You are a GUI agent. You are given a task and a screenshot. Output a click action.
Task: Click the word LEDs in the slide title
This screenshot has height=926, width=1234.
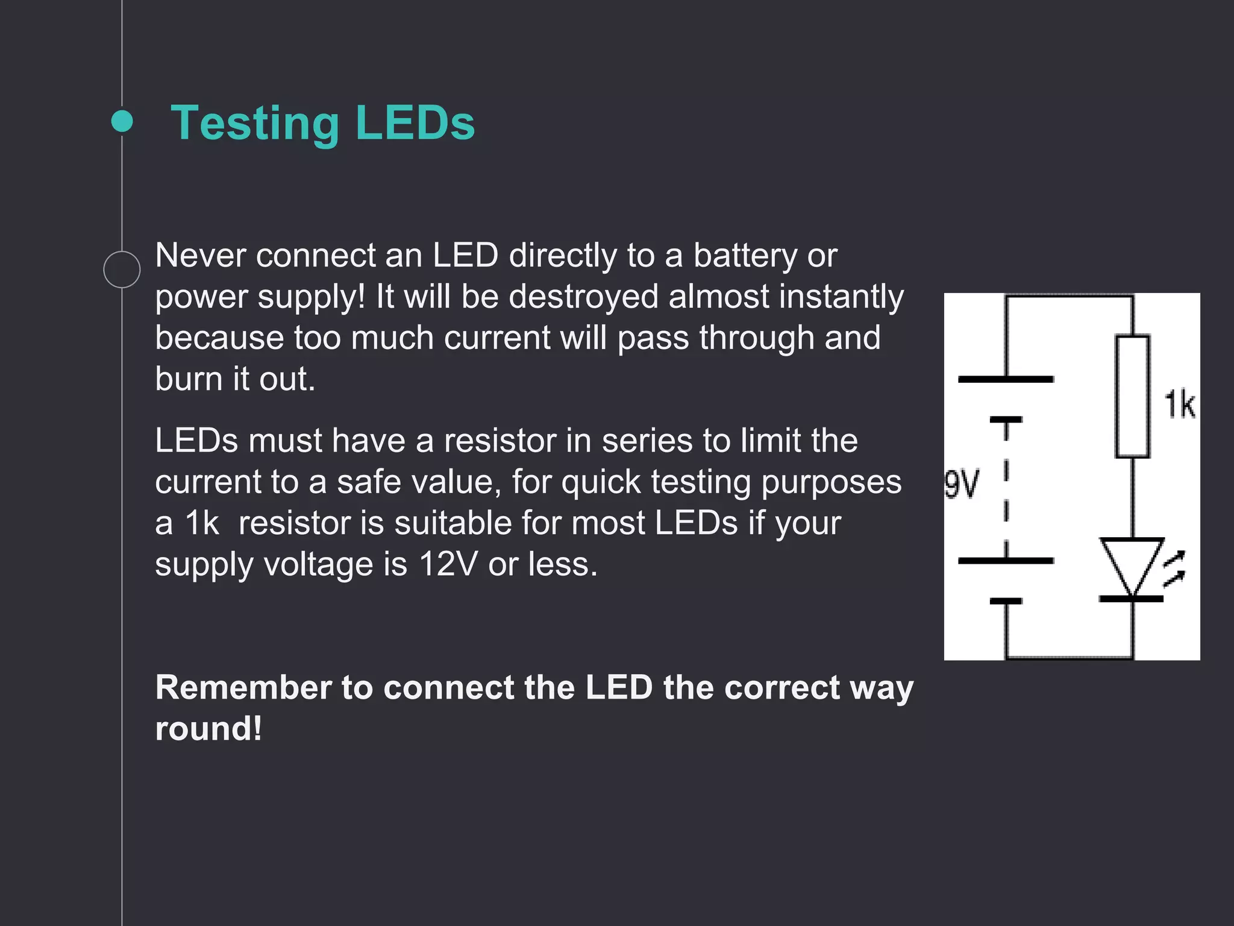click(x=415, y=123)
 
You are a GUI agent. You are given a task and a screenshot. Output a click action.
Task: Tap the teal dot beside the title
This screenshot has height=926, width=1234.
click(x=122, y=121)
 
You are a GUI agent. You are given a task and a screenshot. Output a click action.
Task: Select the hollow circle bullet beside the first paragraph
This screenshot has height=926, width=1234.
click(x=122, y=269)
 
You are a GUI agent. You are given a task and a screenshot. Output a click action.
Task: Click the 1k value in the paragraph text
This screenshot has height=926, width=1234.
click(x=201, y=523)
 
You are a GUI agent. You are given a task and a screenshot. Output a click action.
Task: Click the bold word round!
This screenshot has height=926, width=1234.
click(x=208, y=728)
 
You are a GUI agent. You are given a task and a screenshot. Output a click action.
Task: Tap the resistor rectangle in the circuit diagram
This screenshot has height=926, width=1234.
click(x=1132, y=397)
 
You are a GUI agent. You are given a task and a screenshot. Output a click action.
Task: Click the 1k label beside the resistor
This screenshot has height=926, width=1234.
click(x=1179, y=405)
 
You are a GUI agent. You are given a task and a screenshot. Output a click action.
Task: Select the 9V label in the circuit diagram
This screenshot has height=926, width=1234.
click(x=962, y=484)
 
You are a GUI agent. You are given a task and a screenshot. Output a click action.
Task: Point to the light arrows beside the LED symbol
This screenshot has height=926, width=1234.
click(x=1174, y=568)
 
